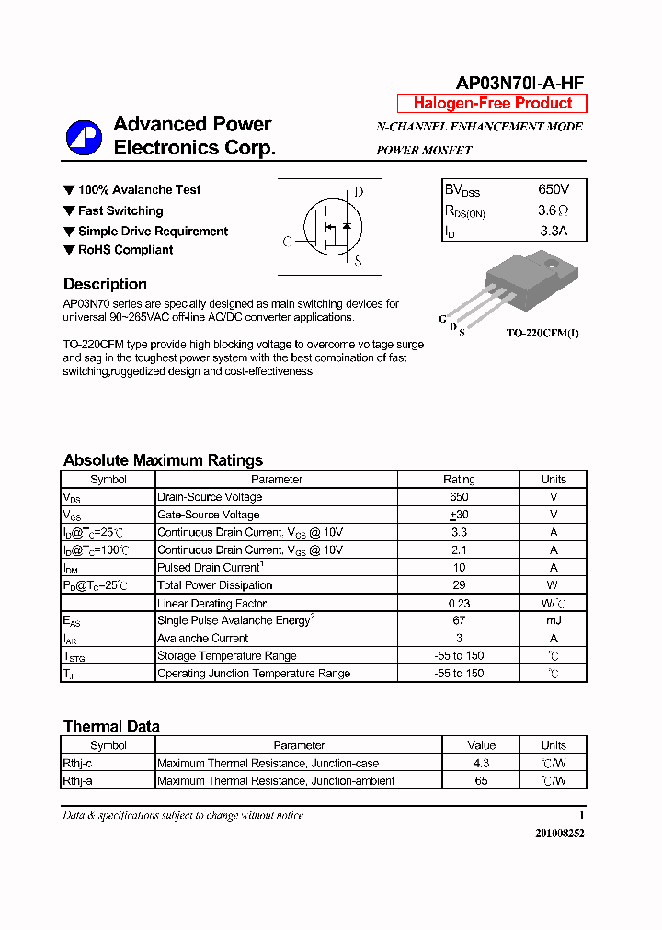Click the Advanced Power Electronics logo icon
point(84,138)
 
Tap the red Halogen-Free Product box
point(492,104)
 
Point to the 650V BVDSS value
point(554,189)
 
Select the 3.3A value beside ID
point(554,232)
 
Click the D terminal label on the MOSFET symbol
point(359,192)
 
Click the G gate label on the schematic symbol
point(288,242)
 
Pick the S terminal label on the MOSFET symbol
point(358,262)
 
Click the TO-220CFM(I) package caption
point(542,333)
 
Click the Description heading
point(105,284)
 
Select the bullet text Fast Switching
point(120,210)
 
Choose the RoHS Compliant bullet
point(125,250)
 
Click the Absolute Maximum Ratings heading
point(163,460)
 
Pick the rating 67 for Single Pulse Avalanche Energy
point(459,620)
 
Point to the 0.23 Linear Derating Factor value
point(459,604)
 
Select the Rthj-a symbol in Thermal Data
point(77,781)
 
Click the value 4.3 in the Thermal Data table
point(481,764)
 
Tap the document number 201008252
point(559,833)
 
